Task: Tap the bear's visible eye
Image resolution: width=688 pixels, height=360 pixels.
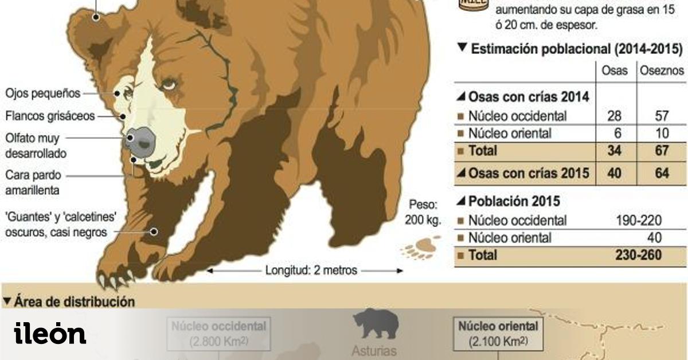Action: (x=168, y=85)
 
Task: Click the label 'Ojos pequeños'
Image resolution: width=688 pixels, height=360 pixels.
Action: (x=43, y=93)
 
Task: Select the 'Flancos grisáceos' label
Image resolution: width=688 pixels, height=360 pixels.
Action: (x=50, y=116)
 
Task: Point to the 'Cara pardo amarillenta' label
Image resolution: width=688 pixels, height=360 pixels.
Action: (x=33, y=182)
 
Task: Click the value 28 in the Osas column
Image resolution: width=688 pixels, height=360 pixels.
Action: (x=613, y=116)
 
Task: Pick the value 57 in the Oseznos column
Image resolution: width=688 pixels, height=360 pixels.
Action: (x=662, y=116)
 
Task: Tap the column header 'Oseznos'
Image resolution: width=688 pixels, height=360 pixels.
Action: (x=662, y=71)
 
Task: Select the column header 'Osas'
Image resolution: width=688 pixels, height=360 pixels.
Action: (x=613, y=71)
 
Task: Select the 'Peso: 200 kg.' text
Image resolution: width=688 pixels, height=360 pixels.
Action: (x=423, y=212)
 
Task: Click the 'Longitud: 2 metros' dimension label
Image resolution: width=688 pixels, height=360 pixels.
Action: (x=311, y=270)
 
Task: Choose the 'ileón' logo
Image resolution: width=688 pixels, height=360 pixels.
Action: (x=50, y=334)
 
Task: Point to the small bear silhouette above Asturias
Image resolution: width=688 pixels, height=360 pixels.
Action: (x=376, y=324)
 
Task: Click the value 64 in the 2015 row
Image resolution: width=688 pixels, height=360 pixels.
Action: (x=662, y=173)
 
